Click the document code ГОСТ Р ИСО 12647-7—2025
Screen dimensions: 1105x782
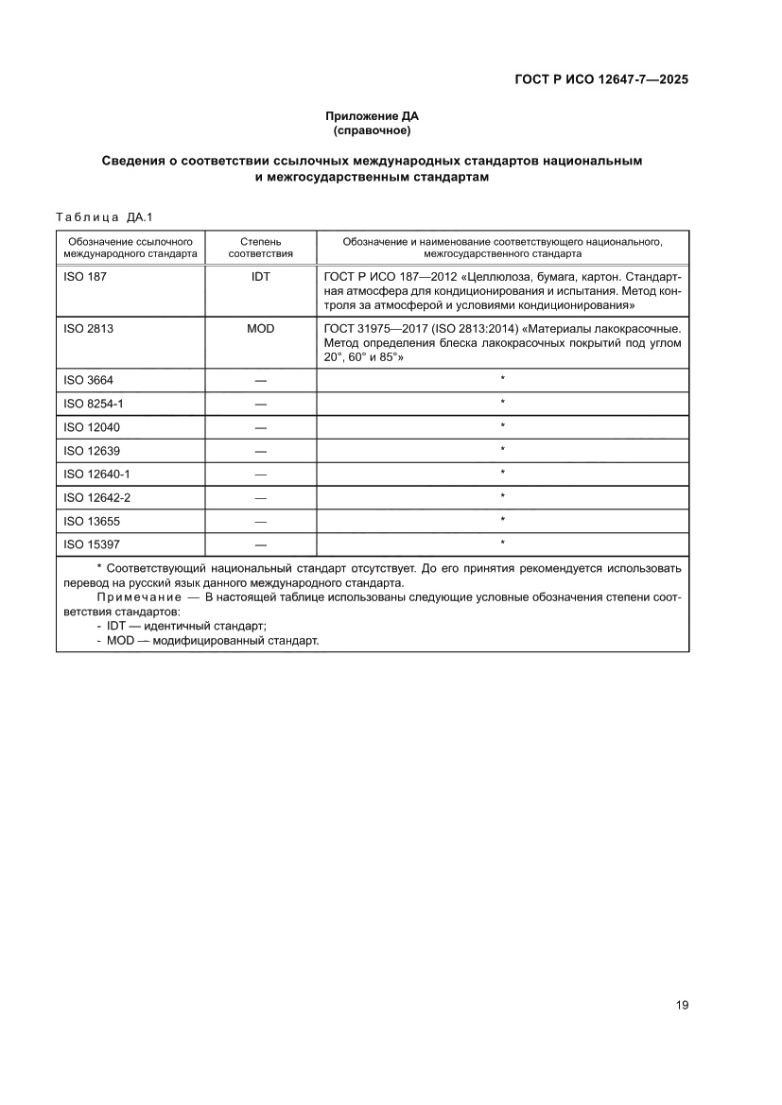point(600,80)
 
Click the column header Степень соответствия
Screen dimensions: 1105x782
point(260,248)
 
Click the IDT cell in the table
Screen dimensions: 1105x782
point(260,278)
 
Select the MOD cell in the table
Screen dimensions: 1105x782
point(260,330)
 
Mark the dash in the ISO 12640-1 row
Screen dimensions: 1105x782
point(260,475)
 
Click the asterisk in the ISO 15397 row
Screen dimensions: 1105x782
point(503,544)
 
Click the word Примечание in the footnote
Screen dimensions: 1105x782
point(139,598)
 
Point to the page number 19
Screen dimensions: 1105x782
point(682,1005)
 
